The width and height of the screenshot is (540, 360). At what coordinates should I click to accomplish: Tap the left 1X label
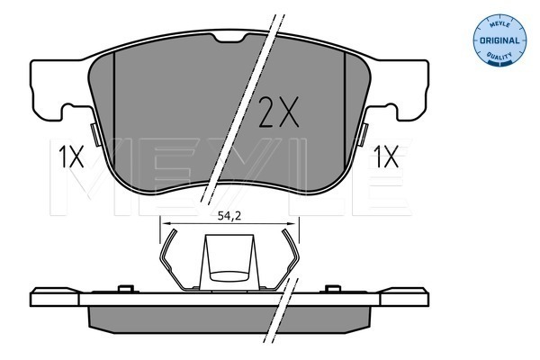click(71, 157)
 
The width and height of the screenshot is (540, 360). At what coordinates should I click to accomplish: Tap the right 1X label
click(386, 157)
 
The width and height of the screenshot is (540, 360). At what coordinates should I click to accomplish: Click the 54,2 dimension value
click(229, 216)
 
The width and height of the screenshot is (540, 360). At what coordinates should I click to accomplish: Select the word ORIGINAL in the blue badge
click(499, 40)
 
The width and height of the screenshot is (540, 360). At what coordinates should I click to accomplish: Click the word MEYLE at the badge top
click(499, 24)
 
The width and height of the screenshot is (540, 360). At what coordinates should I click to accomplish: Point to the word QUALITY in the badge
click(499, 56)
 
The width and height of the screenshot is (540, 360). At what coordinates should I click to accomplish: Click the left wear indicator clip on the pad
click(95, 134)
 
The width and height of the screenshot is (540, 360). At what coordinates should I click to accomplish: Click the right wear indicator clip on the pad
click(363, 134)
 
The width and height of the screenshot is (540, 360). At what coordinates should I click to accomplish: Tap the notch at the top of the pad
click(229, 37)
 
